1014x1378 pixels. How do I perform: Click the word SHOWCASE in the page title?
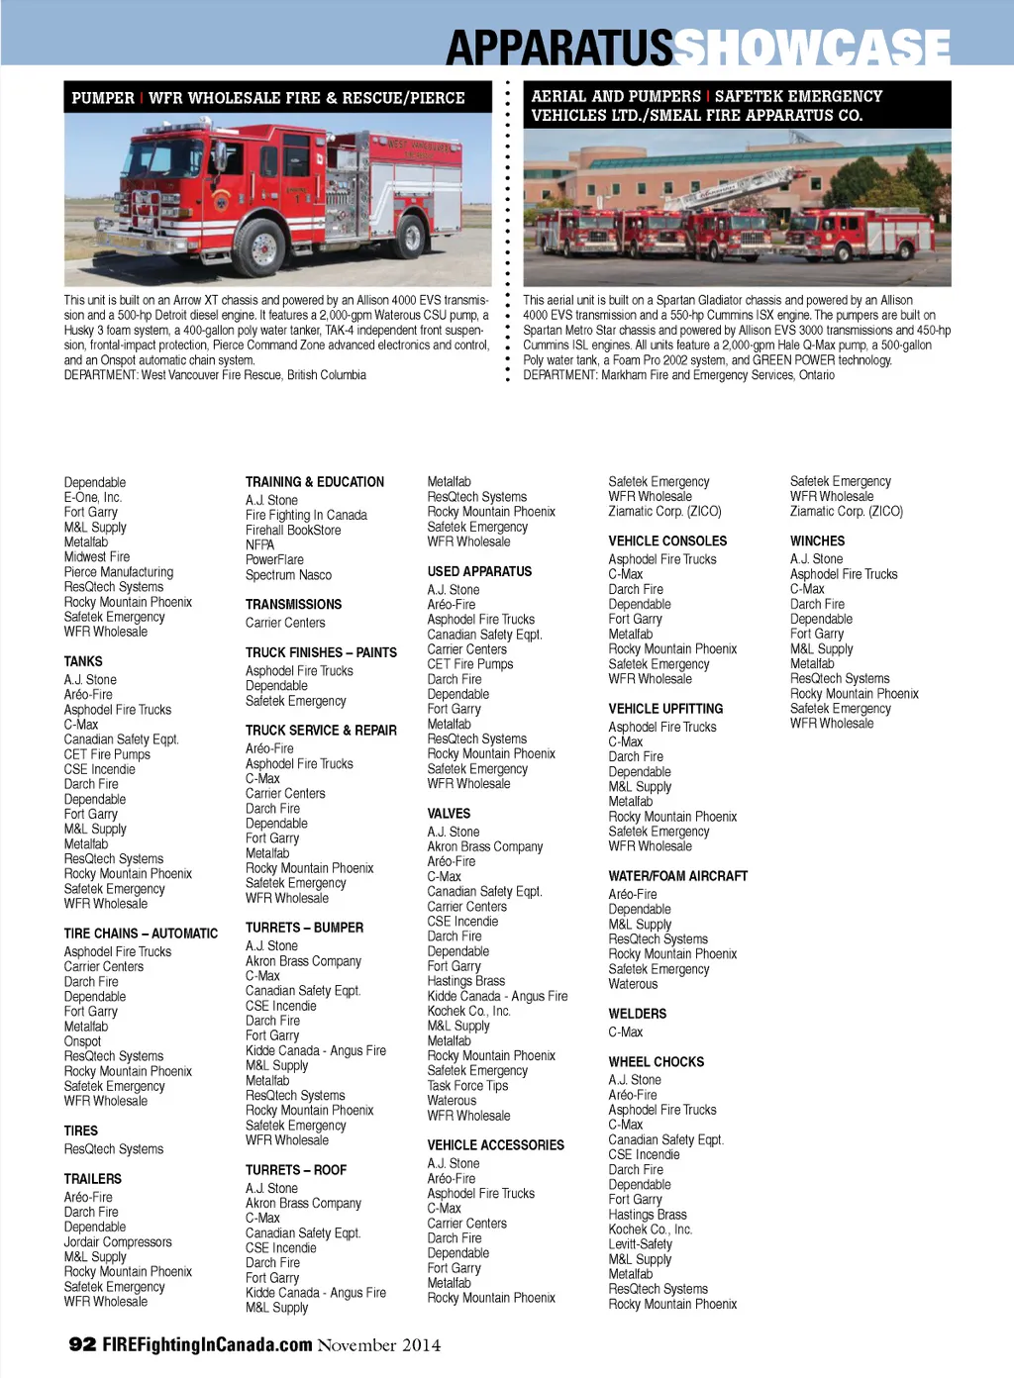pyautogui.click(x=812, y=46)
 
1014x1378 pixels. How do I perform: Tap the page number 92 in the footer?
pyautogui.click(x=82, y=1343)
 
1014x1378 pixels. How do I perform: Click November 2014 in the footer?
pyautogui.click(x=379, y=1344)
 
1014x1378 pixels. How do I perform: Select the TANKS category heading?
pyautogui.click(x=83, y=661)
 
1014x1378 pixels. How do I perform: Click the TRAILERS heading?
pyautogui.click(x=93, y=1179)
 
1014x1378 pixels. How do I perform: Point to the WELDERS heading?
pyautogui.click(x=638, y=1014)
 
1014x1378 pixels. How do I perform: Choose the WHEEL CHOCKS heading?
pyautogui.click(x=657, y=1062)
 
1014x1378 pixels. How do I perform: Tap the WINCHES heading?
pyautogui.click(x=818, y=541)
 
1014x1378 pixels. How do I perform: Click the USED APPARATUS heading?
pyautogui.click(x=479, y=571)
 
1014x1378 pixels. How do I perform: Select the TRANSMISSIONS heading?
pyautogui.click(x=293, y=604)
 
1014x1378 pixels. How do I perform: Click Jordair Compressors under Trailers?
pyautogui.click(x=118, y=1241)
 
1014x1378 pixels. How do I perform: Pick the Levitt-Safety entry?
pyautogui.click(x=640, y=1244)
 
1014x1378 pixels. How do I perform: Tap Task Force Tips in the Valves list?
pyautogui.click(x=467, y=1086)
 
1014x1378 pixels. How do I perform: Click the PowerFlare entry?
pyautogui.click(x=274, y=560)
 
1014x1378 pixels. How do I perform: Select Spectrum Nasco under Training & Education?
pyautogui.click(x=288, y=575)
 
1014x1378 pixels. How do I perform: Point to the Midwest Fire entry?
pyautogui.click(x=97, y=557)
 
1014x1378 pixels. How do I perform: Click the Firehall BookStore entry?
pyautogui.click(x=293, y=531)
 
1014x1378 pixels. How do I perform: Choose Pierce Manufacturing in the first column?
pyautogui.click(x=119, y=572)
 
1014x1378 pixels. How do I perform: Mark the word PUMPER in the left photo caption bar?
pyautogui.click(x=103, y=98)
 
